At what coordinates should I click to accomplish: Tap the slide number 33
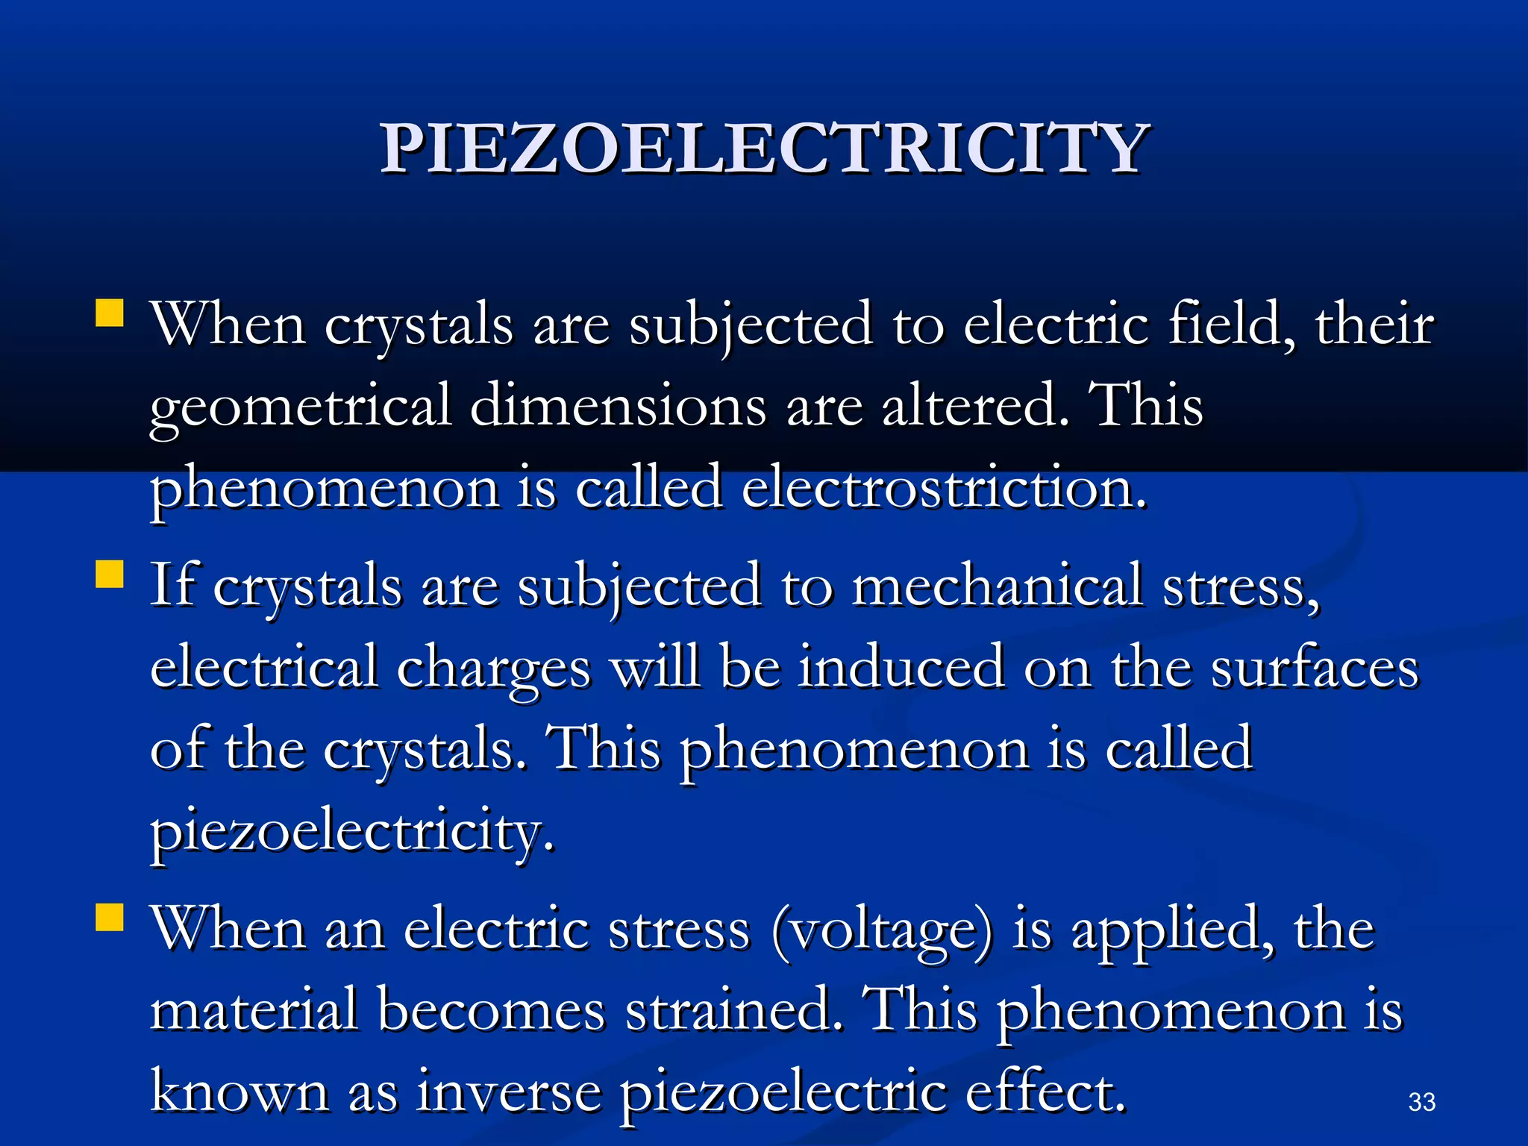[1421, 1101]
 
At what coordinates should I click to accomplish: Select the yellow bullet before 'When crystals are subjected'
[110, 313]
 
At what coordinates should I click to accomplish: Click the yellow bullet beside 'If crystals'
[110, 575]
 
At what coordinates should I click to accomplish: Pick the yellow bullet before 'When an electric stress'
[110, 918]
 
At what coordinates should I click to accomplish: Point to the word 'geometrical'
[300, 407]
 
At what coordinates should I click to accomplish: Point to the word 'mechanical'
[997, 586]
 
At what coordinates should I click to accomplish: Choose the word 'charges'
[493, 668]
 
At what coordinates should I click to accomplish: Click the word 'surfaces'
[1313, 668]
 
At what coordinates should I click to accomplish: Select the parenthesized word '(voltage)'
[882, 930]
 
